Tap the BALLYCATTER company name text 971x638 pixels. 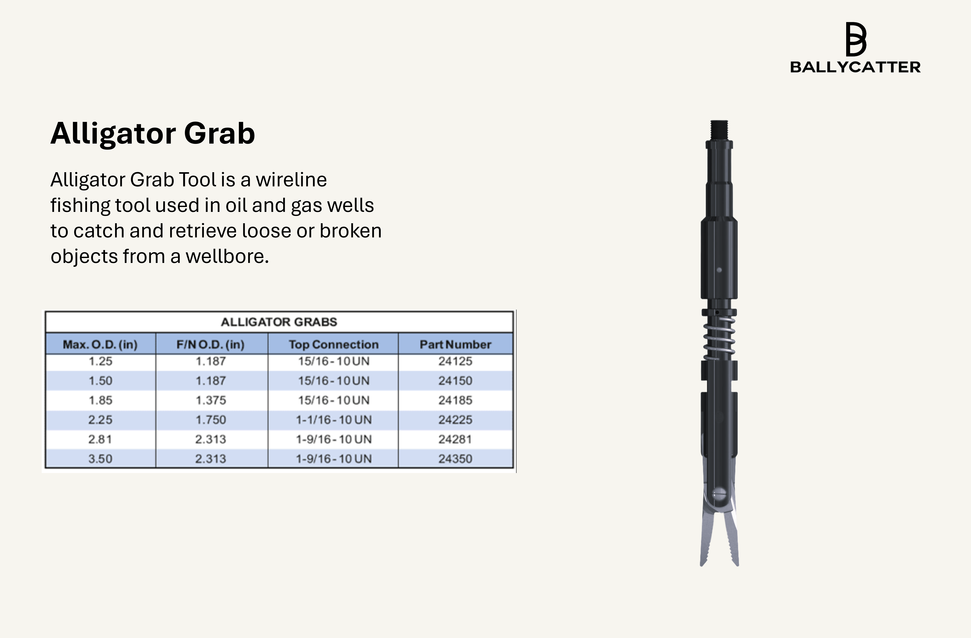point(855,67)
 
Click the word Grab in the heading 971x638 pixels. point(220,133)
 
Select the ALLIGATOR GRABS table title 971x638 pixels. point(279,322)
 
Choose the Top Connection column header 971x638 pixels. point(334,344)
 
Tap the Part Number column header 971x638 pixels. point(455,344)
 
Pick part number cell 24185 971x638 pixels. point(455,400)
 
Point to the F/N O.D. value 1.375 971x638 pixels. point(211,400)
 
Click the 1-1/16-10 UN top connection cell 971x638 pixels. point(334,420)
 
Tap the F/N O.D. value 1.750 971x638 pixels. point(211,420)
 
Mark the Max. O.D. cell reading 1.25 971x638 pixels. point(100,361)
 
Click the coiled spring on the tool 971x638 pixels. point(719,338)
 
